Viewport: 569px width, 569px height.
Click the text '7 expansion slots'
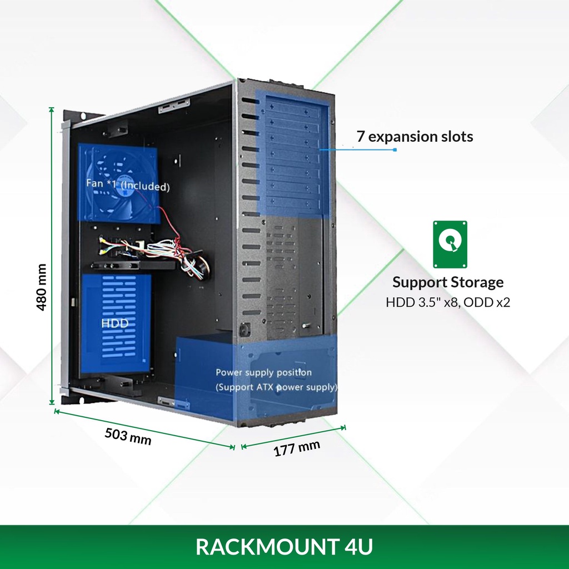(x=415, y=136)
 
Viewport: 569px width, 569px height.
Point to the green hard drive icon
(x=450, y=244)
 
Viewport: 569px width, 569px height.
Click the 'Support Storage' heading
(x=448, y=282)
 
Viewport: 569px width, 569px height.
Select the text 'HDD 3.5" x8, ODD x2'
(x=448, y=303)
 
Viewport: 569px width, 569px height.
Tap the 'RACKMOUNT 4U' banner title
(x=284, y=547)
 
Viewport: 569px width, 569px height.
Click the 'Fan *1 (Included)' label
(x=128, y=184)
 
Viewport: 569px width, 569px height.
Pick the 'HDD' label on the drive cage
(x=115, y=323)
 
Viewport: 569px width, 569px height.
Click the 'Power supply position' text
(x=263, y=372)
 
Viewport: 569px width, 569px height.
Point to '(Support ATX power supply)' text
(x=276, y=387)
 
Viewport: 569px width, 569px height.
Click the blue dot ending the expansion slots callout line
(x=395, y=149)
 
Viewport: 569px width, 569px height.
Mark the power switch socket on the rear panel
(x=243, y=330)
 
